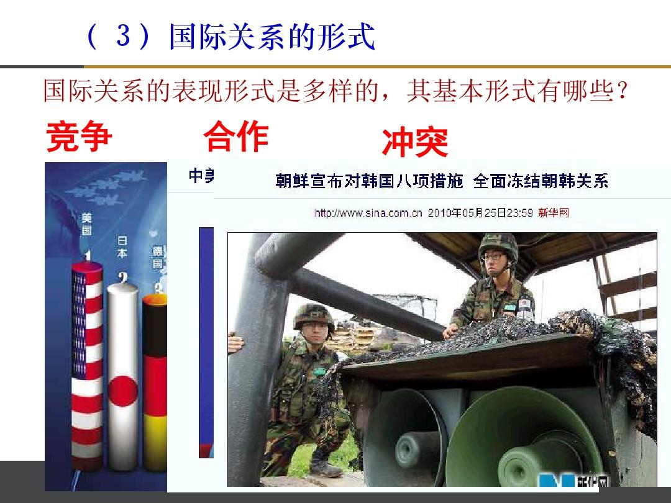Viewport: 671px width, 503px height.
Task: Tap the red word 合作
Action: pyautogui.click(x=235, y=137)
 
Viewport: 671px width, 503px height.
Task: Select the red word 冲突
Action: pyautogui.click(x=414, y=143)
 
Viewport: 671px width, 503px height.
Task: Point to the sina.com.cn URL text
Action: pyautogui.click(x=368, y=213)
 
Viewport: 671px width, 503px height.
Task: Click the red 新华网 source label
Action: pyautogui.click(x=554, y=213)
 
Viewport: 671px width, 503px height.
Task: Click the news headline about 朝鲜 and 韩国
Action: pyautogui.click(x=442, y=181)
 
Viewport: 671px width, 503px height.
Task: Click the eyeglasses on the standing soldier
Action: pyautogui.click(x=494, y=256)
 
